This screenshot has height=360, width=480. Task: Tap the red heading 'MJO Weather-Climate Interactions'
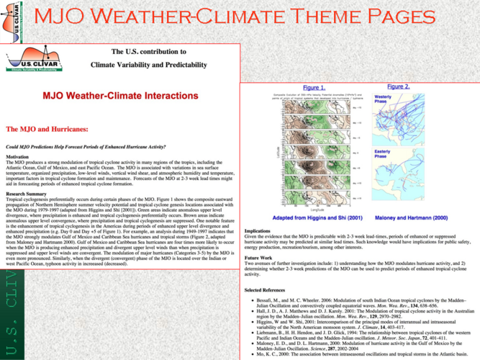coord(120,95)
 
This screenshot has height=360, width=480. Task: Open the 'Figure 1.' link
coord(314,88)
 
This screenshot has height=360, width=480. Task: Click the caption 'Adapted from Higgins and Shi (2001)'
coord(317,217)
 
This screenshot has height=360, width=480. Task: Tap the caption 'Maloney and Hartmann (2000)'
coord(411,217)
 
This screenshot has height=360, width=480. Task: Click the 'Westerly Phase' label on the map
coord(384,99)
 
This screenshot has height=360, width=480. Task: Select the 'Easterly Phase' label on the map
coord(383,154)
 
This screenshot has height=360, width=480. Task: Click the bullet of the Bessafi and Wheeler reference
coord(248,298)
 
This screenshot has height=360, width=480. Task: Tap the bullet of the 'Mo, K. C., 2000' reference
coord(248,354)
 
